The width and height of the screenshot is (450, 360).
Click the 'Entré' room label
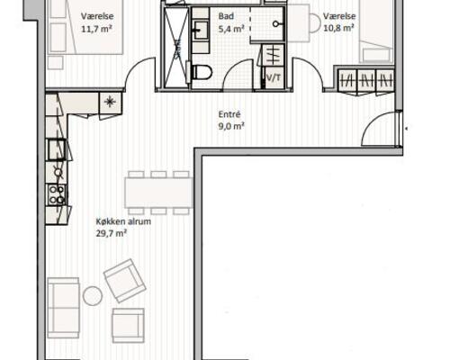(x=229, y=114)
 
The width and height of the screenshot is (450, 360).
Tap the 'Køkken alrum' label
(x=123, y=221)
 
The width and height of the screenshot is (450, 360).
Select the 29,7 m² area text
(x=111, y=233)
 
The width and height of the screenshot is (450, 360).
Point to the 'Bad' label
(x=226, y=16)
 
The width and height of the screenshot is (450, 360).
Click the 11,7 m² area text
(x=96, y=29)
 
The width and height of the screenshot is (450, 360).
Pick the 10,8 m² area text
(x=339, y=28)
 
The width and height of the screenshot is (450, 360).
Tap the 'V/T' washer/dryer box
(x=274, y=78)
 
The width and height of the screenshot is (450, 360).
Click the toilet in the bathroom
(x=202, y=72)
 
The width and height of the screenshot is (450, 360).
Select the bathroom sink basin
(x=201, y=30)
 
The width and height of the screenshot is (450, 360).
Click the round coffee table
(x=93, y=296)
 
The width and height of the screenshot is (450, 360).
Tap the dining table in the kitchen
(x=158, y=193)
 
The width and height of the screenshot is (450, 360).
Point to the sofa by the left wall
(x=63, y=308)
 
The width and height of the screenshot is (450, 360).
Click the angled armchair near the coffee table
(x=125, y=281)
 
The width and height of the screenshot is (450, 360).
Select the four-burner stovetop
(x=57, y=194)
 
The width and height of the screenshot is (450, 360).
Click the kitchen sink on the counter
(x=57, y=149)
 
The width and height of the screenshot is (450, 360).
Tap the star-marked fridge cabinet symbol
(x=110, y=103)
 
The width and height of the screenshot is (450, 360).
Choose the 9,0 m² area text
(x=231, y=126)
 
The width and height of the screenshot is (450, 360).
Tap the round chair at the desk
(x=316, y=22)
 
